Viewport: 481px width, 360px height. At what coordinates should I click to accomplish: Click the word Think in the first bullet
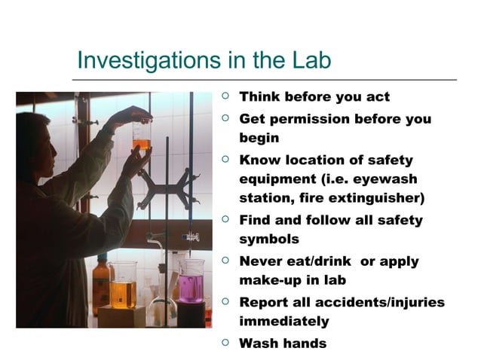260,97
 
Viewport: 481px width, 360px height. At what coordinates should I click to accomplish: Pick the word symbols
269,239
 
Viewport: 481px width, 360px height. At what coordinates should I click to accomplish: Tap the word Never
261,261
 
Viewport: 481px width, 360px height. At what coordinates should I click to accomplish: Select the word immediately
283,322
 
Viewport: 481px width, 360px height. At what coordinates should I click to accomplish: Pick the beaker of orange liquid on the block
124,285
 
